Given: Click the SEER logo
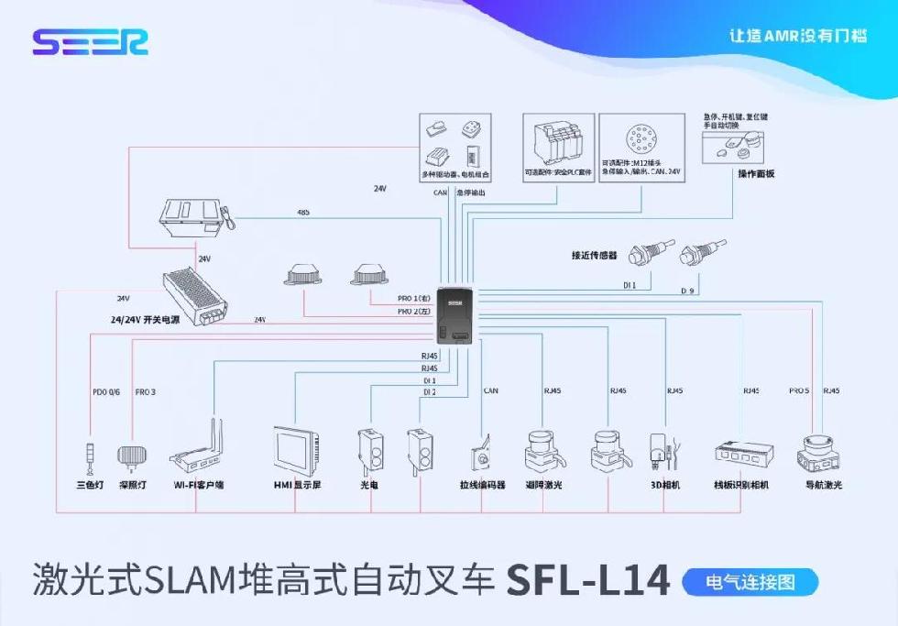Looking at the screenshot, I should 90,42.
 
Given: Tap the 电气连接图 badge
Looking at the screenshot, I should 750,581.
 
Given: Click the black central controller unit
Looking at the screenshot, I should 456,316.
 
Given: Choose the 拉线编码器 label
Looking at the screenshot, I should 482,485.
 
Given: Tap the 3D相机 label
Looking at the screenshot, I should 664,485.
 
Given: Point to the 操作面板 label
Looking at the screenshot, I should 756,173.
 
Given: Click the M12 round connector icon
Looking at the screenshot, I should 639,139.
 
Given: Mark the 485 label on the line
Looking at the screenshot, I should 303,213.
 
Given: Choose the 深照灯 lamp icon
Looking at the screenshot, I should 131,456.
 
